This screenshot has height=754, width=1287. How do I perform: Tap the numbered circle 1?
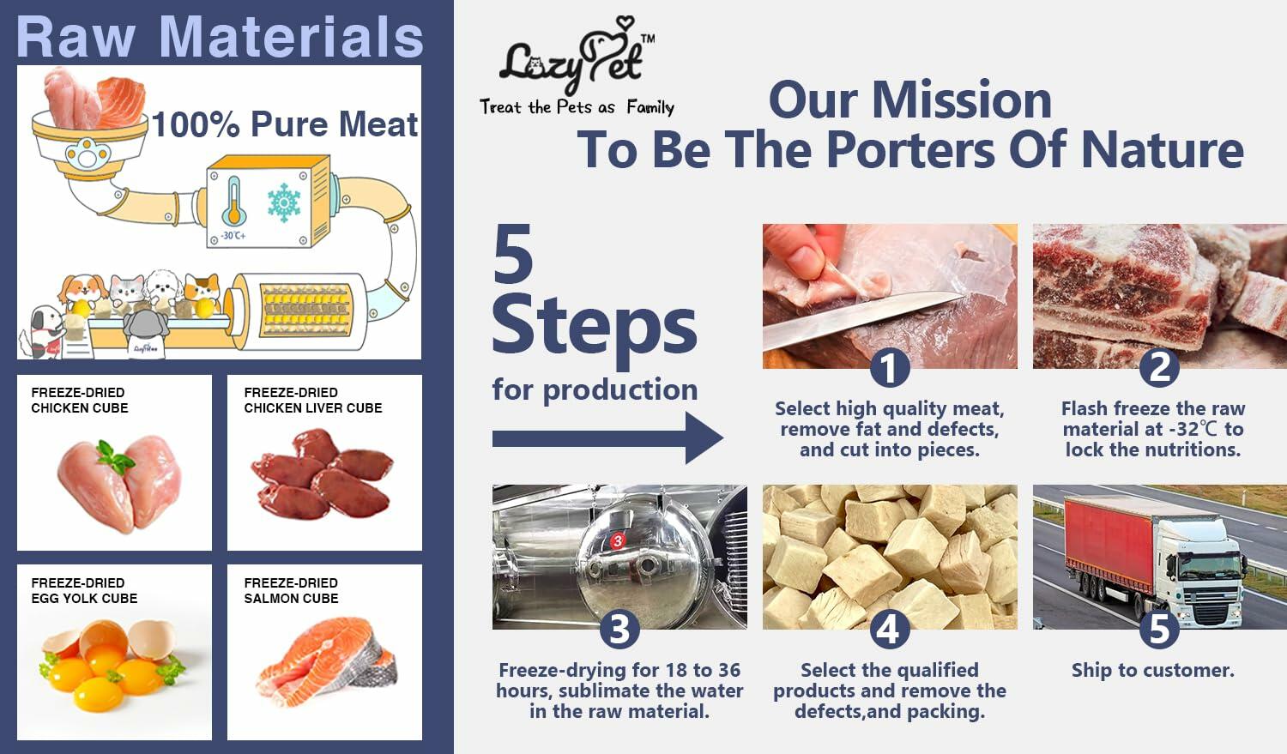[x=890, y=368]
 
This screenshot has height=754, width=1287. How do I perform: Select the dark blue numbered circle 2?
[x=1159, y=368]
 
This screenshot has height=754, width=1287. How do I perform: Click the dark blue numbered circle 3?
[x=619, y=630]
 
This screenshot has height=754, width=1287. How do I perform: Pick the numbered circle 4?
[x=890, y=630]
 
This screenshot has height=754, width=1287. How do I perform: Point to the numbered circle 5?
[x=1159, y=630]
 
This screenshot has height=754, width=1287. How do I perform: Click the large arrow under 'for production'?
[x=607, y=438]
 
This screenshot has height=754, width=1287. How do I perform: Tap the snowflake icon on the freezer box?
[x=284, y=202]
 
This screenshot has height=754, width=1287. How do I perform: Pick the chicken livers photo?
[x=322, y=474]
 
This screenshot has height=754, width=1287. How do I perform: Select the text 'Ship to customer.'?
[x=1152, y=670]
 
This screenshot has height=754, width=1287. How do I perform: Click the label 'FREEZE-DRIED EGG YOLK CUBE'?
[x=84, y=590]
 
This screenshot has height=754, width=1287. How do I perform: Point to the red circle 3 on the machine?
[x=618, y=540]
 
